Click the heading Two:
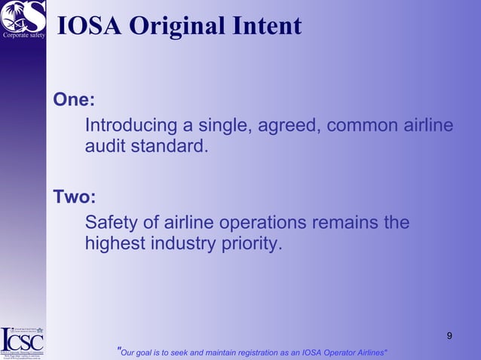(74, 197)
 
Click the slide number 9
(449, 335)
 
